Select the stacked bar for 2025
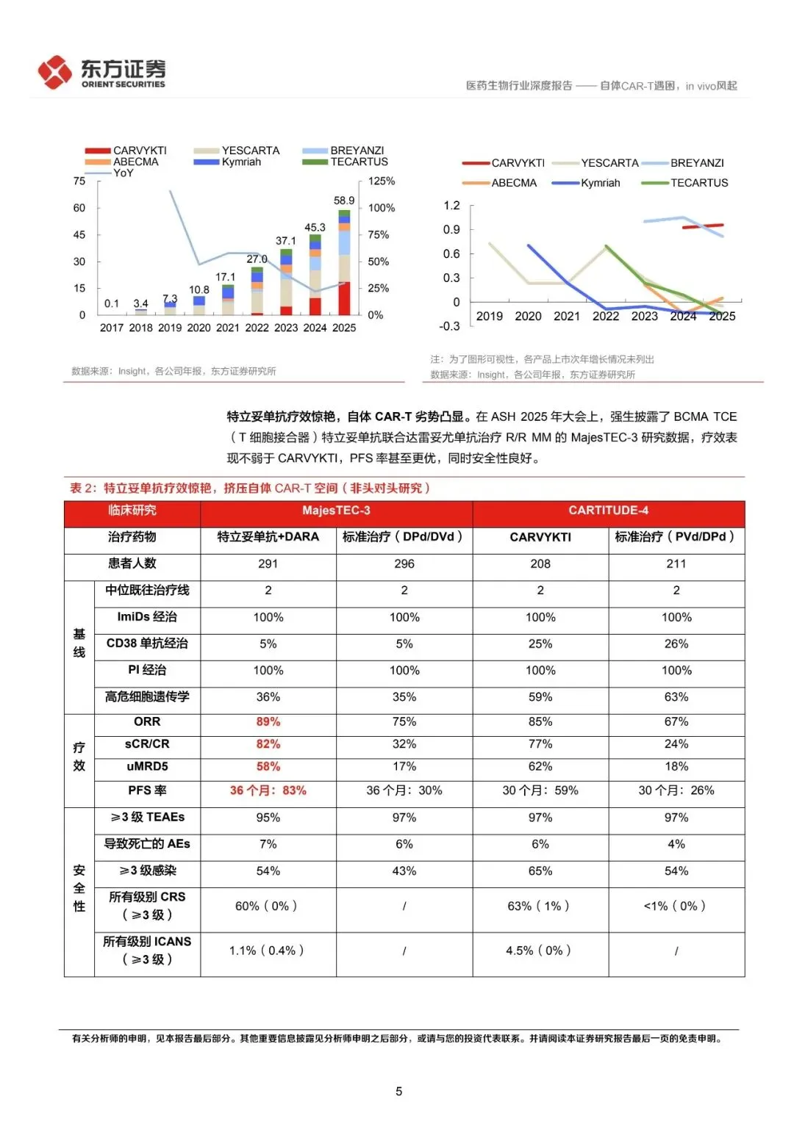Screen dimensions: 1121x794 point(344,264)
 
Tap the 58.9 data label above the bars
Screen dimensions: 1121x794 point(344,201)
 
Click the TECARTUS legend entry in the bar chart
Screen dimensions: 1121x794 point(346,162)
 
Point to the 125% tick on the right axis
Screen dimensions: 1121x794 point(382,181)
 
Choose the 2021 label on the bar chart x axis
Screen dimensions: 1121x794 point(228,328)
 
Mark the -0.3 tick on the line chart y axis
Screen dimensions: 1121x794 point(450,326)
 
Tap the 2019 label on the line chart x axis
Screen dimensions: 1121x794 point(490,316)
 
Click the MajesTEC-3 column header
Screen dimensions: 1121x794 point(336,511)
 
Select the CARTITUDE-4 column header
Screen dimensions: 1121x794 point(608,511)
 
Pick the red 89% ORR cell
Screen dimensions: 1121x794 point(268,722)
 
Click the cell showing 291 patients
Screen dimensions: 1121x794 point(268,564)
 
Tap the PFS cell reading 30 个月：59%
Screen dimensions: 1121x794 point(540,790)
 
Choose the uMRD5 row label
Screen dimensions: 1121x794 point(147,766)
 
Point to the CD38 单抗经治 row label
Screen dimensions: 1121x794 point(147,644)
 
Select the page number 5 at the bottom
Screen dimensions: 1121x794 point(398,1092)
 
